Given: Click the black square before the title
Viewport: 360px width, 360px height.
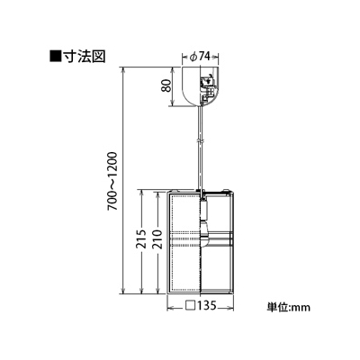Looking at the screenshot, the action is pos(55,56).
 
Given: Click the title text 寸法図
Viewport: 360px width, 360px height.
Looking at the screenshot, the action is pos(84,56).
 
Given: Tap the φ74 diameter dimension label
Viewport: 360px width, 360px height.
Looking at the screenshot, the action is pos(200,57).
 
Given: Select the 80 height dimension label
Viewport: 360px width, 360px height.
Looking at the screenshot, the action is pos(167,86).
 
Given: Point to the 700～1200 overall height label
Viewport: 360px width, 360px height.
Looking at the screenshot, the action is pos(114,181).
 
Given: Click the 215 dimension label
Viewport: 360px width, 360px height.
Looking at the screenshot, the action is pos(141,238).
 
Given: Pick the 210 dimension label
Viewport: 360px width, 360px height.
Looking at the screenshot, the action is pos(157,238).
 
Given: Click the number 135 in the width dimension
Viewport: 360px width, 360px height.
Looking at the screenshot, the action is pos(206,305).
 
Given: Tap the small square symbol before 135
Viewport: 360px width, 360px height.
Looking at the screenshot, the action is pos(190,305).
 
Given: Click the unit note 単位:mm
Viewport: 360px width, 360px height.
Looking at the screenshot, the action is pos(289,307).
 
